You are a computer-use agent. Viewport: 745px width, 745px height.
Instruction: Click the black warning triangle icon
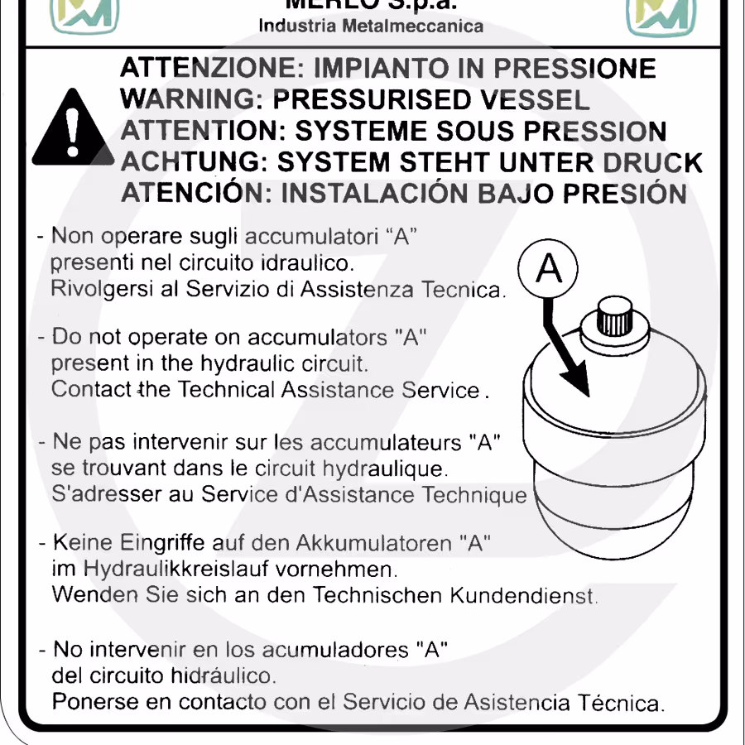click(73, 128)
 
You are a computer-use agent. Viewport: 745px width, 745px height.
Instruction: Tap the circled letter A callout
click(548, 268)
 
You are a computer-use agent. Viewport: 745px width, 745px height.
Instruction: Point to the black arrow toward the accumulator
click(566, 348)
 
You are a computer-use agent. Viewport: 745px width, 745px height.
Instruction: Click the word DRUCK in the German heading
click(652, 162)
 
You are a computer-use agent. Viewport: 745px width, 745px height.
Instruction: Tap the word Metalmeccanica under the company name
click(412, 26)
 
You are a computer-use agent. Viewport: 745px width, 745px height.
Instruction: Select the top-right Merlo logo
click(661, 17)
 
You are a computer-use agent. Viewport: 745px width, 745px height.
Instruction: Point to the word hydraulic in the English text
click(248, 363)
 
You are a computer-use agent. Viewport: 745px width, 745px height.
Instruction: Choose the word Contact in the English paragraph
click(91, 389)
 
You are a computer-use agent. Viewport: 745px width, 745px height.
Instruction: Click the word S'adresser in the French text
click(107, 493)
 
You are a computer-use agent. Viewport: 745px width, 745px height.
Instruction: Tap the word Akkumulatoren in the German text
click(373, 542)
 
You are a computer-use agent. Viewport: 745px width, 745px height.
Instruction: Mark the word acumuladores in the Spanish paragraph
click(335, 650)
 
